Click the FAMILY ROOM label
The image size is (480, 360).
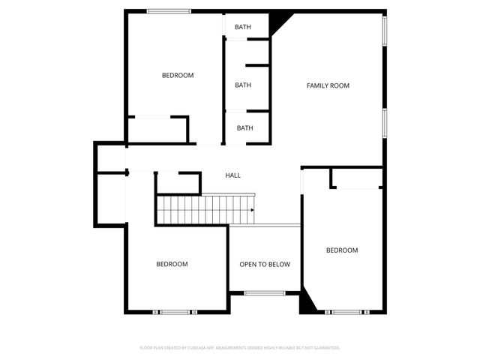tap(328, 85)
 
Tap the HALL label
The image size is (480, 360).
tap(232, 175)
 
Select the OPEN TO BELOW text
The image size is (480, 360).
tap(264, 264)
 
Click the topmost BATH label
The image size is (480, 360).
tap(242, 28)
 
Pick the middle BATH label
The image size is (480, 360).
tap(242, 85)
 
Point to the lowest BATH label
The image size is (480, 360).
tap(244, 127)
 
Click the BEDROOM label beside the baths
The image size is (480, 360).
tap(178, 75)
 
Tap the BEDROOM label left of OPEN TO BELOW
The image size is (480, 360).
tap(172, 264)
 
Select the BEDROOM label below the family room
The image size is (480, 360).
tap(341, 250)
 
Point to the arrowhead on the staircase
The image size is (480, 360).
tap(252, 210)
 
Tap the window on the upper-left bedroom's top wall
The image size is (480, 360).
tap(168, 10)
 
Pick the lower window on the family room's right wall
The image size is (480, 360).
tap(385, 124)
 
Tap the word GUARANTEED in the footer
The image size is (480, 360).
tap(325, 348)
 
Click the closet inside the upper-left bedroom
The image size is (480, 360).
tap(157, 130)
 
